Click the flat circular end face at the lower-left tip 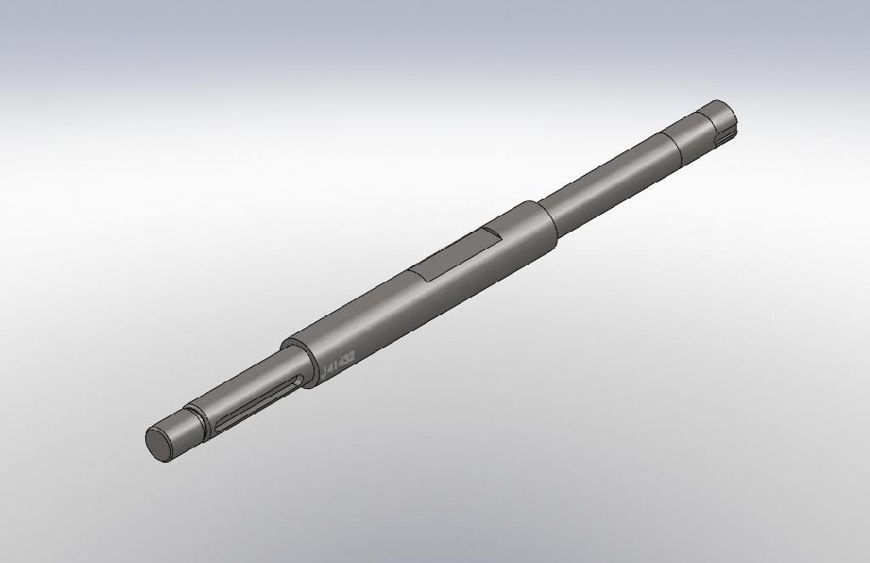click(159, 442)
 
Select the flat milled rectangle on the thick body click(455, 255)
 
